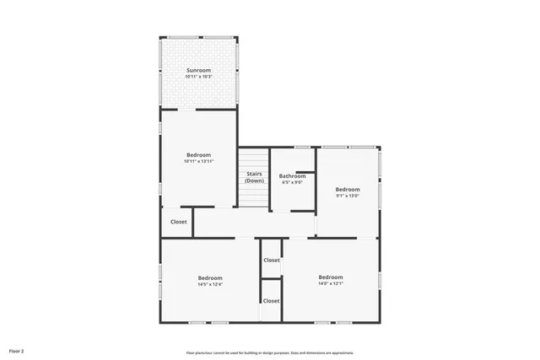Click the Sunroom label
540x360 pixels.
tap(198, 70)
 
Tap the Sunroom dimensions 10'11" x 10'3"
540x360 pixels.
tap(198, 77)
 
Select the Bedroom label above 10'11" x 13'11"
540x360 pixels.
tap(198, 154)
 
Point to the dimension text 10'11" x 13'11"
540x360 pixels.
tap(198, 161)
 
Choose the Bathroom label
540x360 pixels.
tap(292, 175)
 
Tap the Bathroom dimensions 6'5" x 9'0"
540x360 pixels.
tap(292, 182)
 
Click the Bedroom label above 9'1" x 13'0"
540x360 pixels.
tap(348, 189)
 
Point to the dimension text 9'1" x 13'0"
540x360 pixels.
tap(348, 196)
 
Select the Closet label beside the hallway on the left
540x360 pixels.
tap(179, 222)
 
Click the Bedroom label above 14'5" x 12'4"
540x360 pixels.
tap(210, 277)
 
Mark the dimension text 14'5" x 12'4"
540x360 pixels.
tap(210, 284)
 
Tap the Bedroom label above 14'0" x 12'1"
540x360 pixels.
tap(331, 277)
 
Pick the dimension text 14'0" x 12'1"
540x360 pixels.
tap(331, 283)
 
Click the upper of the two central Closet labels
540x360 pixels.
tap(271, 260)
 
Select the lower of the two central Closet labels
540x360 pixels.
tap(271, 300)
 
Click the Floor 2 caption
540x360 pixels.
tap(17, 350)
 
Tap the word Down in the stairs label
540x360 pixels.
tap(254, 180)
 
